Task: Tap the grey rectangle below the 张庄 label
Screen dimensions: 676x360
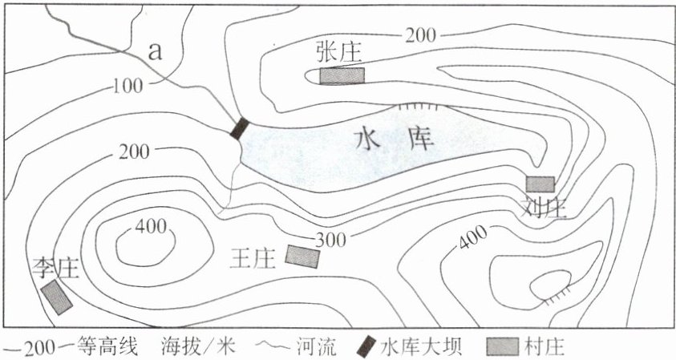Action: (x=342, y=75)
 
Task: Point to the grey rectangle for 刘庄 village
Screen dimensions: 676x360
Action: (x=540, y=184)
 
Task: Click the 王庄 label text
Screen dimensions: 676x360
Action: (x=253, y=257)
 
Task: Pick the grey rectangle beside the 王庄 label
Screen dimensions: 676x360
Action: (x=302, y=256)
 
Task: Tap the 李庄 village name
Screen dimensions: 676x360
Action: (x=55, y=267)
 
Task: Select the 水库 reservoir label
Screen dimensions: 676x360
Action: (x=395, y=142)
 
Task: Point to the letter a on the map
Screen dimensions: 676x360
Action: (x=156, y=52)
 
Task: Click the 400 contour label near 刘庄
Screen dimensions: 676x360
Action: (x=474, y=235)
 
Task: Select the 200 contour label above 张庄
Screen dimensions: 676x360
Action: (x=421, y=34)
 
